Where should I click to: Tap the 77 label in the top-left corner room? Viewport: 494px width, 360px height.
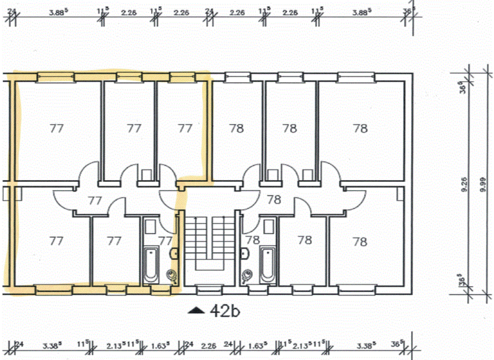coord(57,128)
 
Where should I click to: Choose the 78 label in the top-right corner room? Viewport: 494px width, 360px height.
coord(360,128)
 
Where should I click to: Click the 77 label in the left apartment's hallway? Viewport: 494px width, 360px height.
coord(95,200)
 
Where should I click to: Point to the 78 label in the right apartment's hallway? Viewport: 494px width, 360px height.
coord(274,200)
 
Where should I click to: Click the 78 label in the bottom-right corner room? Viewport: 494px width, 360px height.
coord(360,242)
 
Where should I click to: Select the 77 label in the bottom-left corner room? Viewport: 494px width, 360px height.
coord(57,240)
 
